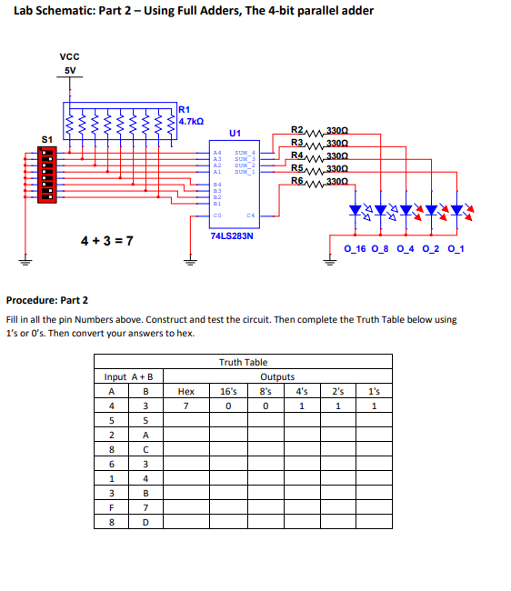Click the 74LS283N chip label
click(x=231, y=235)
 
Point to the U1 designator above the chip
click(x=235, y=133)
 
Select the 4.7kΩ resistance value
click(x=192, y=120)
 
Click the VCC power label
click(x=70, y=56)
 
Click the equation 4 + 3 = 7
click(x=106, y=241)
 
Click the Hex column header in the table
click(x=185, y=392)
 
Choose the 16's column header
click(x=229, y=392)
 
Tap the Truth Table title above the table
click(x=244, y=362)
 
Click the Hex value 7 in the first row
click(x=185, y=406)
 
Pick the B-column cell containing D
click(x=145, y=523)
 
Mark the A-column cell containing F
click(x=111, y=508)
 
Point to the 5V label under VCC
click(x=70, y=70)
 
